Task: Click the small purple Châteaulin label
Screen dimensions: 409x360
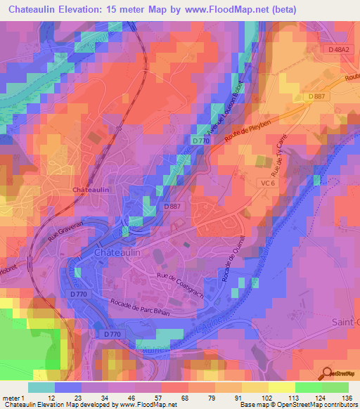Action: click(x=90, y=190)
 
